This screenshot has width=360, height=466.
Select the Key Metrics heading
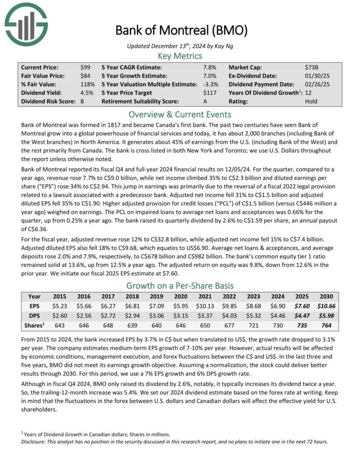pos(180,56)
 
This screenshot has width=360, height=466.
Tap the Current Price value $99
pos(85,67)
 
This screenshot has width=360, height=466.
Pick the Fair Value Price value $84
pos(85,76)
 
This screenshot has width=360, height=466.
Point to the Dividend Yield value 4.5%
pos(87,93)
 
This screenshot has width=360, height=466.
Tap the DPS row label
pos(34,315)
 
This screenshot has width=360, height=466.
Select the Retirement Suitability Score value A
pos(205,101)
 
